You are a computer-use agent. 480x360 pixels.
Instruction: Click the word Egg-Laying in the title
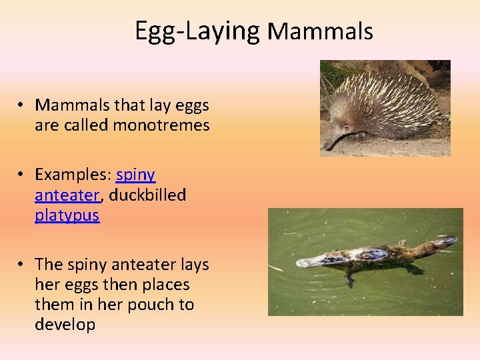coord(197,31)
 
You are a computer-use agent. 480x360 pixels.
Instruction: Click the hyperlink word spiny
coord(135,175)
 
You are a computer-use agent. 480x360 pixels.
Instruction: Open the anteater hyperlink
coord(67,195)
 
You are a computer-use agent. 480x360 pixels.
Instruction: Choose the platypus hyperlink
coord(67,215)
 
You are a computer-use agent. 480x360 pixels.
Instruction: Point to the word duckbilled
coord(147,195)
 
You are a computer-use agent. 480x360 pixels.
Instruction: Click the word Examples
coord(72,175)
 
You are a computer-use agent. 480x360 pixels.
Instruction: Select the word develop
coord(65,325)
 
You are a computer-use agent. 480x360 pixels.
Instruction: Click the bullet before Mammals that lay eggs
coord(22,105)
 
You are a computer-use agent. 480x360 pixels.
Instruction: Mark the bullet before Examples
coord(22,175)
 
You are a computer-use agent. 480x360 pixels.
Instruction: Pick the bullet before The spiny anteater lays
coord(22,265)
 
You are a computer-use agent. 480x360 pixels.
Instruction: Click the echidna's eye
coord(346,126)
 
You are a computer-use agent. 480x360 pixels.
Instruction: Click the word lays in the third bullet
coord(193,265)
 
